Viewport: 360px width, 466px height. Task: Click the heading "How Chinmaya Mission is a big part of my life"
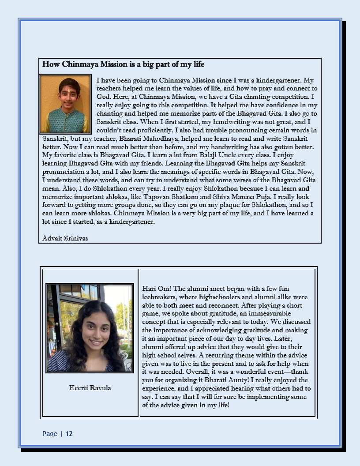123,64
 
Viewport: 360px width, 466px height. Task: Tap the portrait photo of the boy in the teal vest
65,104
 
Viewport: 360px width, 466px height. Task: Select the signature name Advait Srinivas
65,238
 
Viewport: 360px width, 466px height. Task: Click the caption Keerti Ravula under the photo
90,388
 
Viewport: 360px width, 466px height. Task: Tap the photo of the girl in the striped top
90,328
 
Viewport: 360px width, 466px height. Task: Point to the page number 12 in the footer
69,434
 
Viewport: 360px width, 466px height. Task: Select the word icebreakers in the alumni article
160,297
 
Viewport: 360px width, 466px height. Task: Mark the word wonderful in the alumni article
234,372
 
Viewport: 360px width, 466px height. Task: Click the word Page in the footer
50,434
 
